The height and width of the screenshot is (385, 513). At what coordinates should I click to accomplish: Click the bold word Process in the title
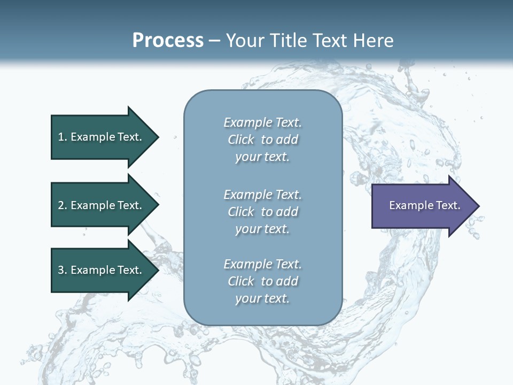[x=168, y=41]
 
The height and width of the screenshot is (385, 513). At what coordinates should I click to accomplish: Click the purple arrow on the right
[x=422, y=206]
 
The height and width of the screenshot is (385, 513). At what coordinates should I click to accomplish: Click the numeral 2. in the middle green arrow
[x=63, y=205]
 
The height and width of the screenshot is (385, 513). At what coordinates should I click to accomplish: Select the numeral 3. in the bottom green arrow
[x=63, y=270]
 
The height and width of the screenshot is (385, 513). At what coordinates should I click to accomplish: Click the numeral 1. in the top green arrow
[x=63, y=137]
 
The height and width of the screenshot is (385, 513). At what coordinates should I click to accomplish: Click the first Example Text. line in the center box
[x=262, y=122]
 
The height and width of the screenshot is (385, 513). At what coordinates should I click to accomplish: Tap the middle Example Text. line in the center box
[x=262, y=195]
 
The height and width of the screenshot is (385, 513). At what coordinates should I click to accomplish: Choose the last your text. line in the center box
[x=262, y=298]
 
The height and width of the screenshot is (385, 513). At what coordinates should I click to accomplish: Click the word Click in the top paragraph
[x=241, y=140]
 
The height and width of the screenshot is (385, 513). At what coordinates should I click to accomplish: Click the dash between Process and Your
[x=214, y=41]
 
